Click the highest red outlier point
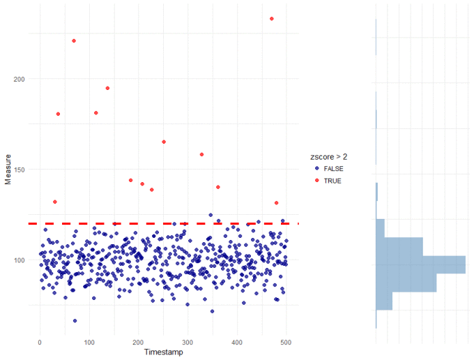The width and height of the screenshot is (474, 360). [271, 19]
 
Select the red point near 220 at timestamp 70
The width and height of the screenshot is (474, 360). [74, 40]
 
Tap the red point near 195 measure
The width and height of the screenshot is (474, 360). [107, 88]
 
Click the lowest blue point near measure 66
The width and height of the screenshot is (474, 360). [75, 321]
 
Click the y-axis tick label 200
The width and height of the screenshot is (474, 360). [19, 79]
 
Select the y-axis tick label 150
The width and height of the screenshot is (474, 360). [19, 170]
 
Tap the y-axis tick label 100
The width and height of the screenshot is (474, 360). [19, 260]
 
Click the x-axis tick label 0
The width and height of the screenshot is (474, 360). [40, 343]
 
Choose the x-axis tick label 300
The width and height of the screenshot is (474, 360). [188, 343]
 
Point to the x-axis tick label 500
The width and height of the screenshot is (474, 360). [286, 343]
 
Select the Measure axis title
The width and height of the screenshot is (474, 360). [8, 170]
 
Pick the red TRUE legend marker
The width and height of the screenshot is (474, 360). [317, 181]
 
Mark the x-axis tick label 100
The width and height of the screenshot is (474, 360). [89, 343]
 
